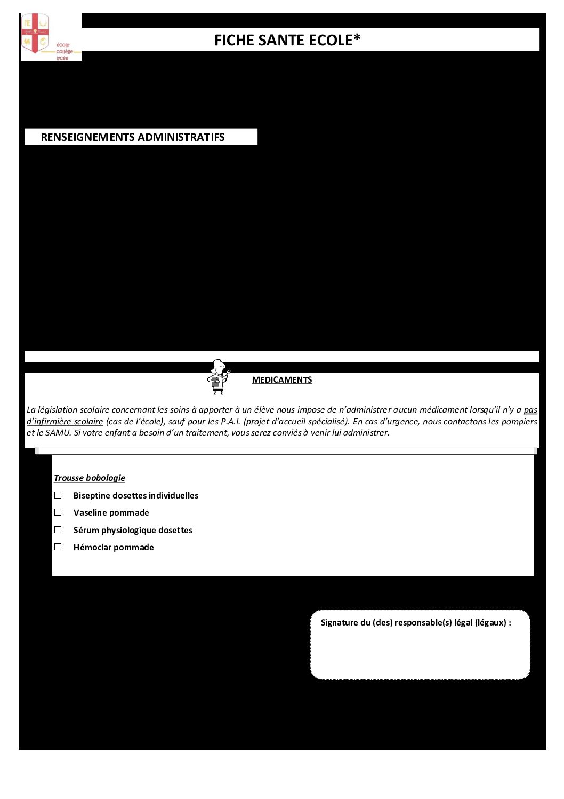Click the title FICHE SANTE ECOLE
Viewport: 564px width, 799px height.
tap(287, 41)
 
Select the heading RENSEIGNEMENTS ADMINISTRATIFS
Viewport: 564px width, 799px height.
tap(133, 137)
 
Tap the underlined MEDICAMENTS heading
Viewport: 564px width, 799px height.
tap(282, 380)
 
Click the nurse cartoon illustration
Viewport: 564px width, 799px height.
tap(218, 377)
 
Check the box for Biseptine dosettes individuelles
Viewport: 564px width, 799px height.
tap(58, 495)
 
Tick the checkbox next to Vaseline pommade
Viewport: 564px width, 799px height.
tap(58, 512)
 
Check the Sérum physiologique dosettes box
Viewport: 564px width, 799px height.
tap(58, 530)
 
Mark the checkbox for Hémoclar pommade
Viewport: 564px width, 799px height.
tap(58, 547)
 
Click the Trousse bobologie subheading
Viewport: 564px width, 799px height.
tap(90, 478)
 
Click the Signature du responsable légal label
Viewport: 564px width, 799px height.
tap(416, 623)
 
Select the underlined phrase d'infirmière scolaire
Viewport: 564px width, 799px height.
tap(65, 422)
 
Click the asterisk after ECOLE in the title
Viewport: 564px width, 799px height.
tap(357, 38)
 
